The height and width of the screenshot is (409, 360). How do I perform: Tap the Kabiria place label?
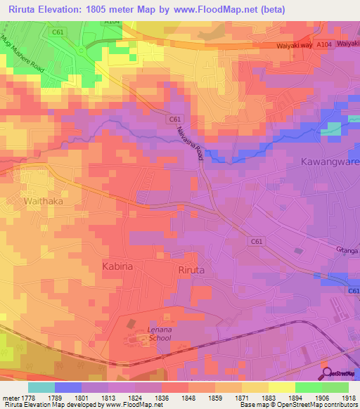pos(118,268)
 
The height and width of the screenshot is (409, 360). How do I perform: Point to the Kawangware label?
pos(330,162)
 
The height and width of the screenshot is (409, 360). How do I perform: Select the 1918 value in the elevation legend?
pos(349,397)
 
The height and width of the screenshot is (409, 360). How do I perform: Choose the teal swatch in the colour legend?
pos(41,387)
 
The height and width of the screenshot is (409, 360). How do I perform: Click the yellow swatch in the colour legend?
pos(282,387)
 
